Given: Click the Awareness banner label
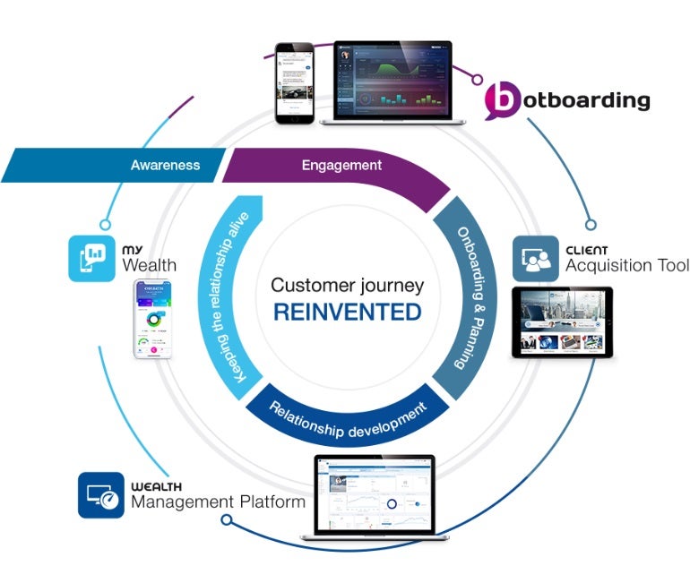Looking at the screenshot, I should (165, 166).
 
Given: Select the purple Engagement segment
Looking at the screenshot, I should (341, 166).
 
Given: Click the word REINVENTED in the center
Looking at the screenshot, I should (348, 312).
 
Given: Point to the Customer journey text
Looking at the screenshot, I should (348, 286).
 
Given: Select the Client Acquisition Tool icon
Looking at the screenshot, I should (534, 259).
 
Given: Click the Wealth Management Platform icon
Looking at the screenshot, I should (101, 494).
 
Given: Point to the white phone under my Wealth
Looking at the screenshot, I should (154, 319).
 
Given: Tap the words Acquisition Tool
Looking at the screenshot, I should (626, 266).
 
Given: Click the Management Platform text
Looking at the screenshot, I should (218, 502).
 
